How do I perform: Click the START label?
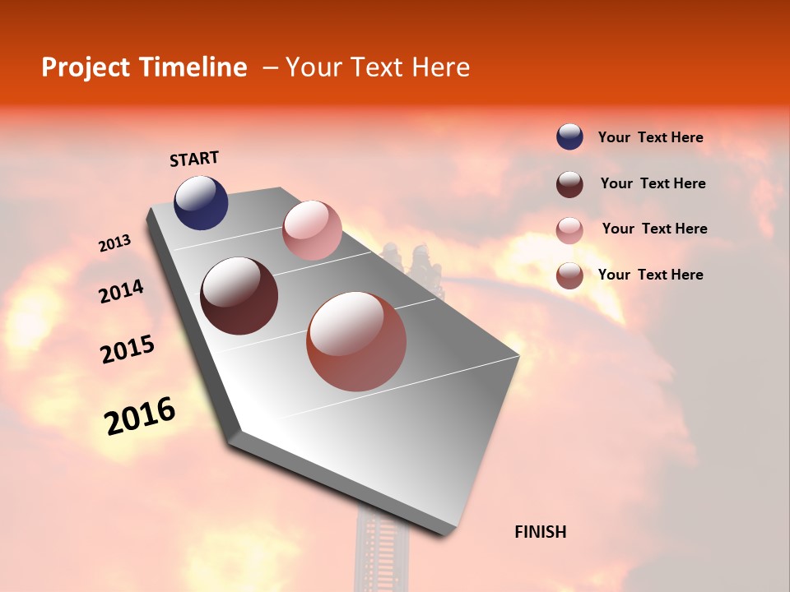pos(194,159)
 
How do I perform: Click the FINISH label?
pos(540,532)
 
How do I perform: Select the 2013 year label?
pos(114,243)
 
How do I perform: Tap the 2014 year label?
pos(121,292)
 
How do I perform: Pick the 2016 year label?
pos(140,416)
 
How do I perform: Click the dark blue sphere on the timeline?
pos(201,203)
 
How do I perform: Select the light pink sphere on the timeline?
pos(312,230)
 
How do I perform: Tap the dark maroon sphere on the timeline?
pos(239,296)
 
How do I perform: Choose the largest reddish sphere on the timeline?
pos(356,341)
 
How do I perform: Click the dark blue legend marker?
pos(569,137)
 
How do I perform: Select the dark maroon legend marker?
pos(569,183)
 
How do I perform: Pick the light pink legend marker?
pos(569,229)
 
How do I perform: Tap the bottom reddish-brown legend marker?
pos(569,275)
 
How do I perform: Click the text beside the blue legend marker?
pos(650,138)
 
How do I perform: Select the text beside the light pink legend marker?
pos(654,229)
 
